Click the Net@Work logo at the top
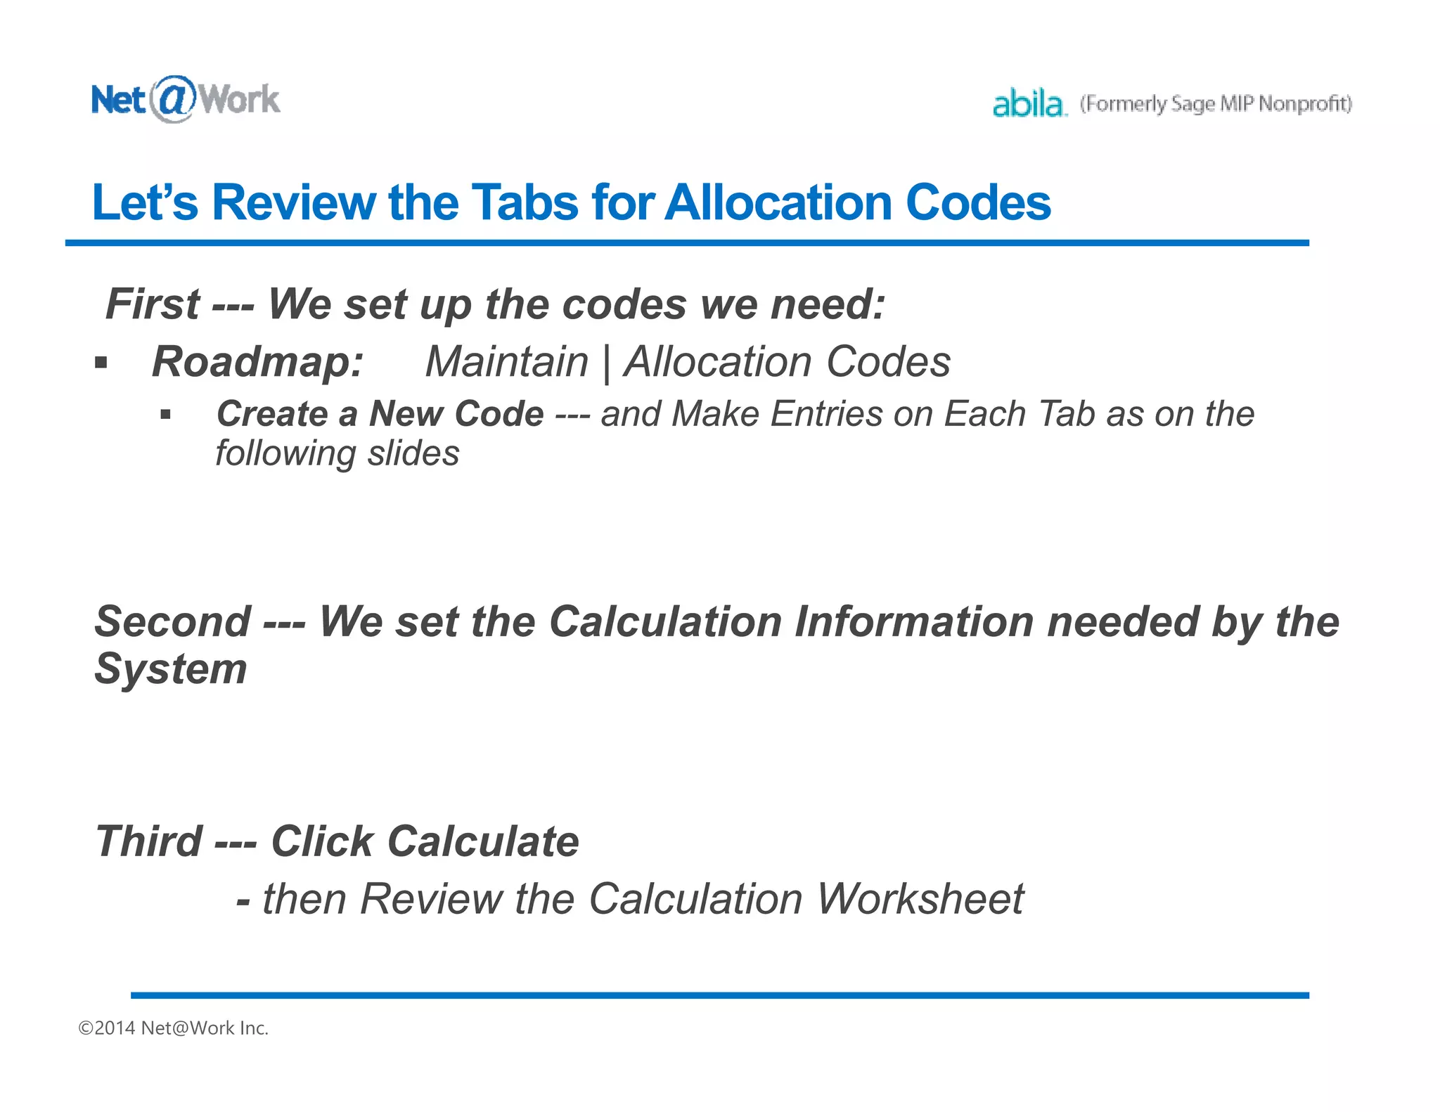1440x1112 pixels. click(x=186, y=99)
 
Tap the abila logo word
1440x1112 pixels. click(x=1028, y=104)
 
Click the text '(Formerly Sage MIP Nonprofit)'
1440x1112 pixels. click(x=1216, y=104)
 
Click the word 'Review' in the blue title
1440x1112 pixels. click(x=294, y=203)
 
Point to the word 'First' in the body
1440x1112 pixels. click(x=152, y=304)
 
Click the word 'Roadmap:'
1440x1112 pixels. click(x=257, y=362)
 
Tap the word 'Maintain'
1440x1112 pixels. click(x=506, y=362)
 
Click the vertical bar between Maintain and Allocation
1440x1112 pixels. click(x=606, y=363)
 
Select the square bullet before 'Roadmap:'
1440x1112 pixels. click(x=101, y=363)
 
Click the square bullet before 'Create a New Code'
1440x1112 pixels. click(x=165, y=415)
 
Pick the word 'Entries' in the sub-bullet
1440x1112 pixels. click(x=826, y=413)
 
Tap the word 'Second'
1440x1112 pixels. click(x=173, y=622)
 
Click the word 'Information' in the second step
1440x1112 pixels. click(x=913, y=622)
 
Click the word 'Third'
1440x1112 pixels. click(x=148, y=841)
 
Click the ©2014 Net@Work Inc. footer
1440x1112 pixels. click(x=173, y=1028)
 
